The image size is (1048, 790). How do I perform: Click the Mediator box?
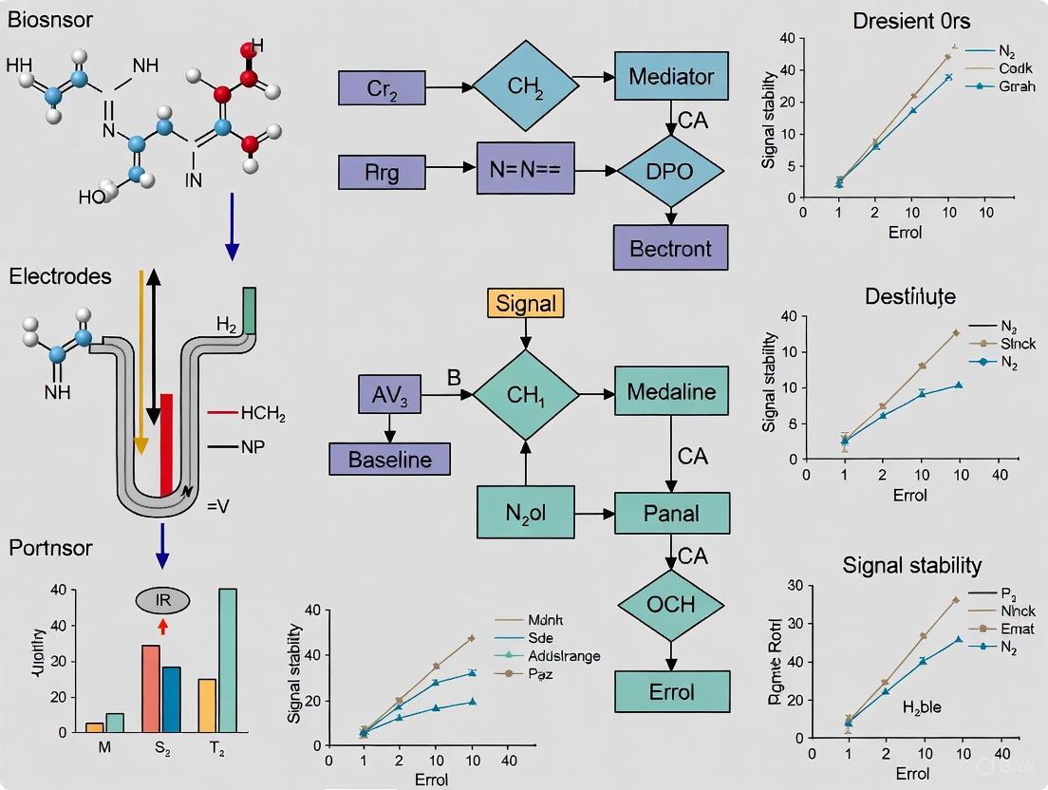[672, 76]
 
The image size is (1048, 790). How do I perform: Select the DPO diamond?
[670, 172]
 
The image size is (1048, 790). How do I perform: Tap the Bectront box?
[671, 250]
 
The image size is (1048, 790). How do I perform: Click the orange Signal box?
[526, 303]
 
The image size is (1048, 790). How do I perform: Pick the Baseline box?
[389, 460]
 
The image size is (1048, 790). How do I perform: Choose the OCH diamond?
[671, 604]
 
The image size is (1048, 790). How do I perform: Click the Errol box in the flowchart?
[672, 690]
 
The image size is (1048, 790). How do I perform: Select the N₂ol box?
[526, 514]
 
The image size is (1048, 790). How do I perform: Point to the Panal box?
[672, 514]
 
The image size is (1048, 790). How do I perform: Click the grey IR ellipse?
[163, 600]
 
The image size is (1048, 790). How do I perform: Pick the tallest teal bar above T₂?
[228, 660]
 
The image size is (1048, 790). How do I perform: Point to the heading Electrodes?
[60, 276]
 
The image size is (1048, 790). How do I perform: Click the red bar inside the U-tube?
[167, 443]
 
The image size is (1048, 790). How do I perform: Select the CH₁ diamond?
[526, 393]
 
